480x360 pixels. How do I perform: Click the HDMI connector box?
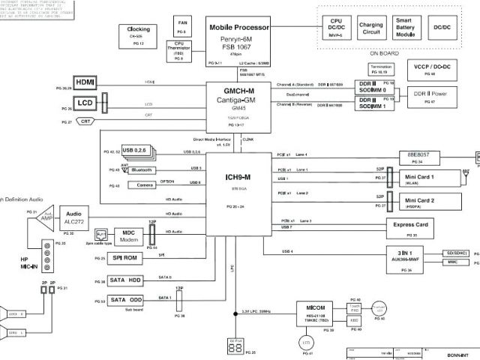tap(84, 82)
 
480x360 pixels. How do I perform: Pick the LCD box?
tap(84, 103)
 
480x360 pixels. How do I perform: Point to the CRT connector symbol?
tap(86, 121)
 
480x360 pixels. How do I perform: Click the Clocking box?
tap(136, 34)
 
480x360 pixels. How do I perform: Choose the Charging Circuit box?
tap(370, 28)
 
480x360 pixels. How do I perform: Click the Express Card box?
tap(411, 226)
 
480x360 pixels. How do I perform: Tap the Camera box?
tap(145, 184)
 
